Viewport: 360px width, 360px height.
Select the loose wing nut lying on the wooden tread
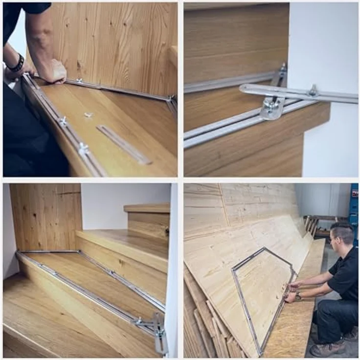[88, 115]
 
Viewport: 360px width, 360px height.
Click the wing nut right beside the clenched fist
[79, 80]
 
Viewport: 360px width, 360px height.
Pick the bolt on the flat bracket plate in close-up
[270, 104]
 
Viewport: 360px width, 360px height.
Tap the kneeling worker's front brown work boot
[326, 349]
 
